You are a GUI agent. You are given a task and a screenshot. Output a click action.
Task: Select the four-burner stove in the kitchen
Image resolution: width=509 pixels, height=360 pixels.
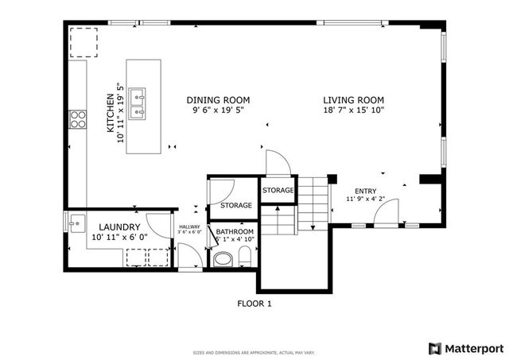click(79, 119)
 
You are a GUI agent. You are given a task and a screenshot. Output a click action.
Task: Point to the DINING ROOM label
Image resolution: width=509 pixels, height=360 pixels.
click(218, 100)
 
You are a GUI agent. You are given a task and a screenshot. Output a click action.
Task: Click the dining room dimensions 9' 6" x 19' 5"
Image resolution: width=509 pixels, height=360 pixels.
click(218, 111)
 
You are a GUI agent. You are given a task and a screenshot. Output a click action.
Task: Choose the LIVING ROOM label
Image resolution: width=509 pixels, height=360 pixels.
click(353, 100)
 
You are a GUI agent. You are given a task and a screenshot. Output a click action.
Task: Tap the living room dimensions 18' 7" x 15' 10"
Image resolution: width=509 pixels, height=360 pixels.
click(353, 111)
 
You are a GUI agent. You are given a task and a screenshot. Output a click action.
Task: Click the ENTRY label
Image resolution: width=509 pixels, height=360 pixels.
click(366, 191)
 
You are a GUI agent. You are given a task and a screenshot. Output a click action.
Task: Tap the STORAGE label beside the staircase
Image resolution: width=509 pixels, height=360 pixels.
click(278, 191)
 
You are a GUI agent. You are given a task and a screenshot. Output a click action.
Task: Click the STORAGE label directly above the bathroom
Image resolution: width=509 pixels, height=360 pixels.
click(236, 206)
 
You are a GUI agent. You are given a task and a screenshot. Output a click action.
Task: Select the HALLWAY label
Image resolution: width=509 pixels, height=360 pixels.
click(189, 226)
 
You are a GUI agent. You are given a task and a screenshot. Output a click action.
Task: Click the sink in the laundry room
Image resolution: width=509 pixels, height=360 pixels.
click(76, 222)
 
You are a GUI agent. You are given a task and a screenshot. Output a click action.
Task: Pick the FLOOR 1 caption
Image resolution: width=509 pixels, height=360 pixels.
click(254, 304)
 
